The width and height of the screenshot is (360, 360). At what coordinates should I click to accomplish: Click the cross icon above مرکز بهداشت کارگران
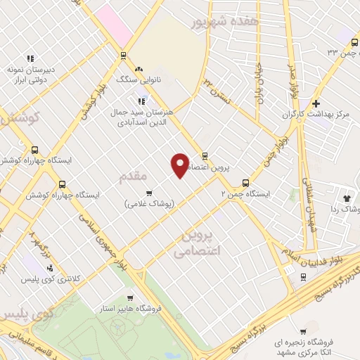[316, 103]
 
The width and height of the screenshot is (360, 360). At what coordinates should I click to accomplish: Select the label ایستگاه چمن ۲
[245, 193]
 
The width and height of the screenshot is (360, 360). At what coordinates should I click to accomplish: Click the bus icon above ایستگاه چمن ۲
[245, 181]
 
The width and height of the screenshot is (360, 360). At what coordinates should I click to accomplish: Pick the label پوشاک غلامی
[148, 204]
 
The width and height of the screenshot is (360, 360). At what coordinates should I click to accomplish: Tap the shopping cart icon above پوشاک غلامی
[148, 193]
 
